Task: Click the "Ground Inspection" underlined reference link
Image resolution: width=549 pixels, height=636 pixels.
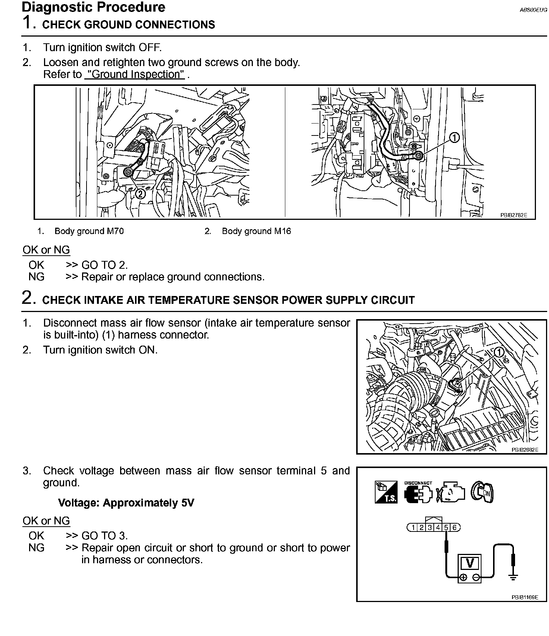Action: (x=135, y=74)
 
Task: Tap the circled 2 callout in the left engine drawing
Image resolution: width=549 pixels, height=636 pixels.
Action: (x=140, y=194)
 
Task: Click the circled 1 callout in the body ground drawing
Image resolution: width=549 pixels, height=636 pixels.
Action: (x=454, y=138)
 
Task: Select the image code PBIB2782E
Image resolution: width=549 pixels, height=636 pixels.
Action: (x=514, y=215)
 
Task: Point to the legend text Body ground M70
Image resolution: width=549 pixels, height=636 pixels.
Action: (x=89, y=231)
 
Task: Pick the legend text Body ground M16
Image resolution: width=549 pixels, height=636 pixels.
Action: (x=256, y=231)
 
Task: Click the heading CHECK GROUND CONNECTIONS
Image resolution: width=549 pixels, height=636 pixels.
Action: (x=129, y=25)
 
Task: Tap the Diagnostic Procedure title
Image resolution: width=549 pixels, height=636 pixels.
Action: (x=94, y=7)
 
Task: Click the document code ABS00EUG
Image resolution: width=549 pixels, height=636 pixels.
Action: (x=533, y=10)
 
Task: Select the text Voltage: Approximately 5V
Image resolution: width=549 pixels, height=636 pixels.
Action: (x=126, y=503)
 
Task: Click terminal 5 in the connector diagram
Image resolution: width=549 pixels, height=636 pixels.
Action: (x=446, y=527)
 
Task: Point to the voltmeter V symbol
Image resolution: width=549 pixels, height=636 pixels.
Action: (x=470, y=562)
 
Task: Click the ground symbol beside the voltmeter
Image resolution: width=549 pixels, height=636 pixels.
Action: (x=513, y=578)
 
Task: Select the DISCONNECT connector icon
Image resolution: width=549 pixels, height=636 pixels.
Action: (x=418, y=493)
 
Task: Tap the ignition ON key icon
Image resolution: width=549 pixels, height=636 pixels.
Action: (x=482, y=492)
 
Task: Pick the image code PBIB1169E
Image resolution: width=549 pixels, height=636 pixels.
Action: (x=525, y=597)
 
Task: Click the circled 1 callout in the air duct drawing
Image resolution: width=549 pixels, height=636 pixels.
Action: (x=499, y=352)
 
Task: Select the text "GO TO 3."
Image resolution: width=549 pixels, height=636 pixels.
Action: (x=104, y=536)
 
